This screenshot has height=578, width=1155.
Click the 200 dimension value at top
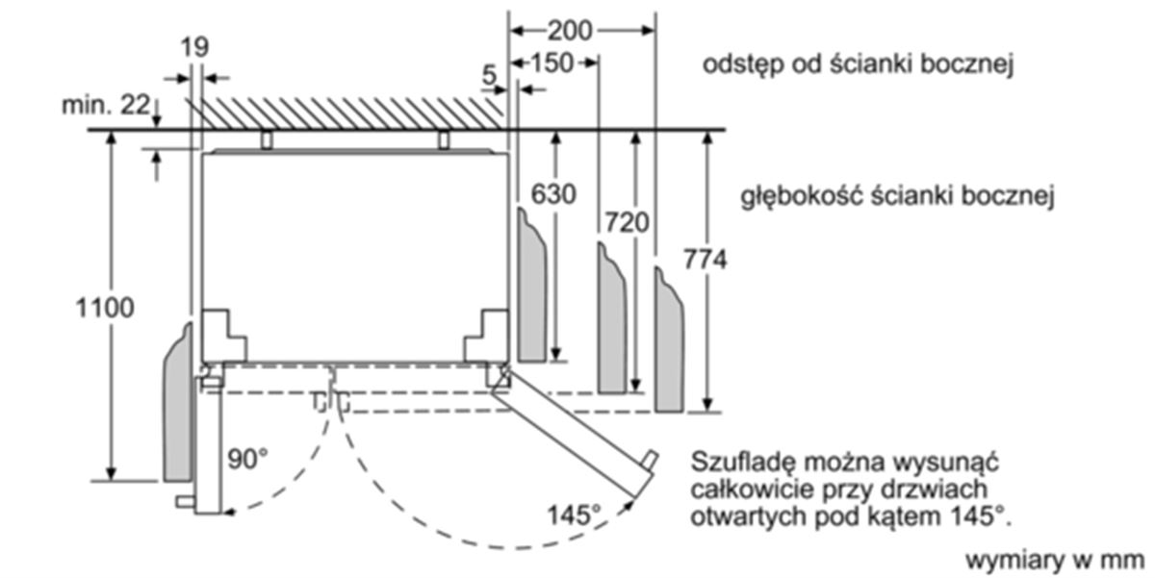coord(569,31)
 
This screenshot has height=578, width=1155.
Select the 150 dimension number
coord(552,63)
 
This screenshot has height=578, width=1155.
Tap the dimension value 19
coord(194,47)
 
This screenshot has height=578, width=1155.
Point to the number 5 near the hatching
coord(489,76)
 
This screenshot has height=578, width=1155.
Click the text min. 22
coord(106,106)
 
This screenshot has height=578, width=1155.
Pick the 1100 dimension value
coord(105,308)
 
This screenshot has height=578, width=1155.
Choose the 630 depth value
coord(553,194)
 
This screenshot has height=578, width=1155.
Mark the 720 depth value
coord(627,222)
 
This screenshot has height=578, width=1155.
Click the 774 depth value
coord(705,259)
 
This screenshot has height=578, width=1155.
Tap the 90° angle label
coord(248,459)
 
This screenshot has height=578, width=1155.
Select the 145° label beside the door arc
coord(574,515)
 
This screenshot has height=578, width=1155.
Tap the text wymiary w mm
coord(1054,560)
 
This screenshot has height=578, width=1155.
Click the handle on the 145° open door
coord(650,460)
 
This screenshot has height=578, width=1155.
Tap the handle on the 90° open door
coord(185,501)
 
